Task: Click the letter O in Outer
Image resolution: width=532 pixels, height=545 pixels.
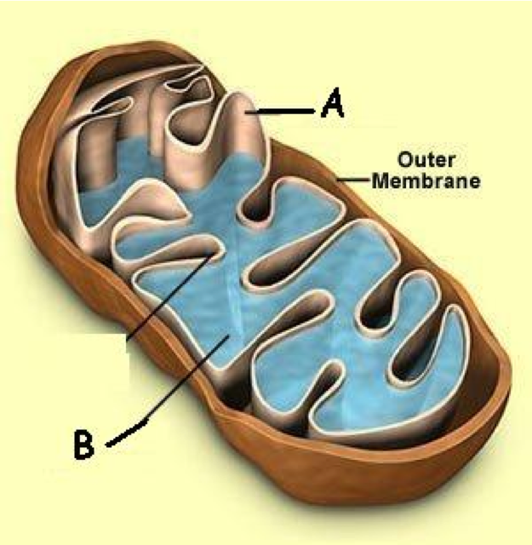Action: pyautogui.click(x=405, y=159)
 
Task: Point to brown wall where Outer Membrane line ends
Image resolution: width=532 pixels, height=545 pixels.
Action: pyautogui.click(x=337, y=180)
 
